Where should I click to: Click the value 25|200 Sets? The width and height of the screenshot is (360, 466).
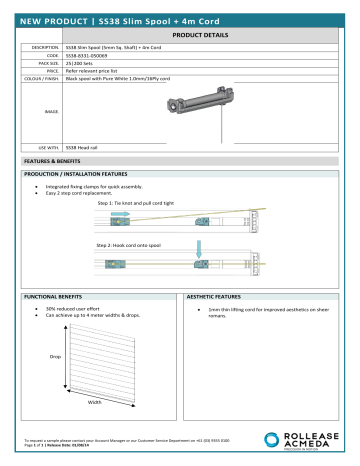(78, 62)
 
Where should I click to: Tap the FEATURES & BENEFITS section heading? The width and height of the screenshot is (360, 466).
(48, 160)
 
